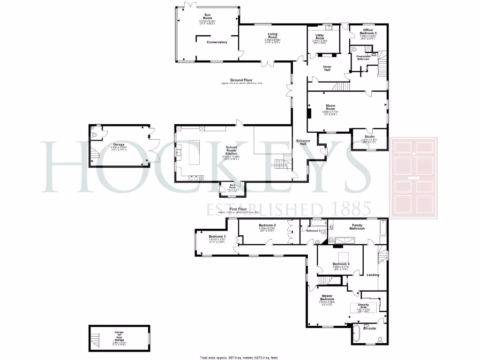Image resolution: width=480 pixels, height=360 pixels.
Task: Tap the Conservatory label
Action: [x=217, y=42]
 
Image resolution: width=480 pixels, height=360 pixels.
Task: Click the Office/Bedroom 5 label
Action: [x=368, y=32]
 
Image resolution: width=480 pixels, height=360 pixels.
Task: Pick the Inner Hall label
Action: [x=327, y=68]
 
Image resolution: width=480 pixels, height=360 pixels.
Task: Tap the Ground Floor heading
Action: [x=241, y=80]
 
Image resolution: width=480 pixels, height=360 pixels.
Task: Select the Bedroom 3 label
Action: [x=217, y=236]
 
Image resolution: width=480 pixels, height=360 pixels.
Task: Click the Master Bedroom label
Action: [x=327, y=297]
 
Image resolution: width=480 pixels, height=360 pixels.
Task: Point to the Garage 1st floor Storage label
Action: [x=119, y=337]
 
